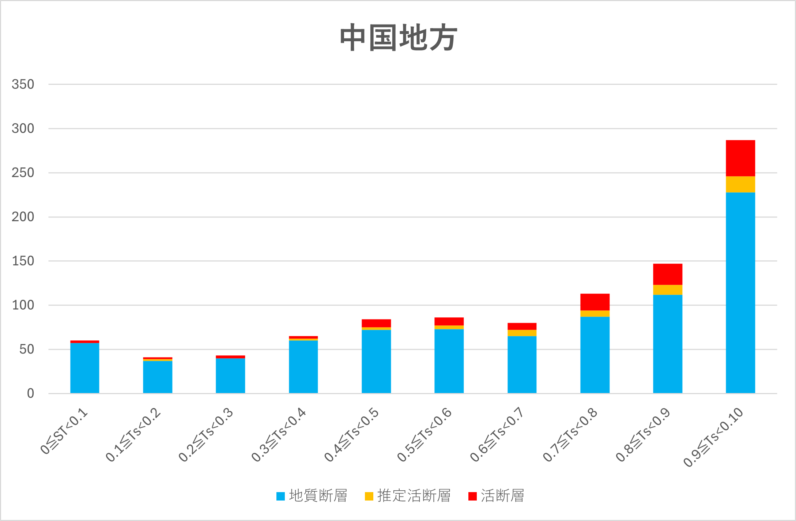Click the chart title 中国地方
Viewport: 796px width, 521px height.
(x=398, y=38)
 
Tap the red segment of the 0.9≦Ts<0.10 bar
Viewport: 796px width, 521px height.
(x=740, y=158)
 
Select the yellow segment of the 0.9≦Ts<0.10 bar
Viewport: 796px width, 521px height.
(x=740, y=184)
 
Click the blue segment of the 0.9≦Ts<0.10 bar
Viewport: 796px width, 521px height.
(x=740, y=292)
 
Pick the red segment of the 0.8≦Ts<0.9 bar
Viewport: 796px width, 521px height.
(x=667, y=274)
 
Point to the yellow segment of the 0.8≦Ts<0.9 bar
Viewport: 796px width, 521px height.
(x=667, y=290)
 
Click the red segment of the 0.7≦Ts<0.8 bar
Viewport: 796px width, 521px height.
(x=595, y=302)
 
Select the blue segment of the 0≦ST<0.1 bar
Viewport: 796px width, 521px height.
(x=84, y=368)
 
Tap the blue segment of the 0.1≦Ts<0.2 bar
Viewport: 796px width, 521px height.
(x=157, y=377)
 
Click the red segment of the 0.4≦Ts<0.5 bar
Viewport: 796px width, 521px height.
(x=376, y=323)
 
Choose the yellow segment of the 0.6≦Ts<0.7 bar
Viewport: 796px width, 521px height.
(x=522, y=333)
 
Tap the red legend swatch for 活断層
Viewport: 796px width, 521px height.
(x=472, y=496)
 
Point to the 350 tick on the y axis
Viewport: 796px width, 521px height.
(x=23, y=84)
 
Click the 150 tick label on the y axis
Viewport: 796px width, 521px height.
(x=23, y=261)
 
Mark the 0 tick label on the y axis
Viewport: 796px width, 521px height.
(x=30, y=393)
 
